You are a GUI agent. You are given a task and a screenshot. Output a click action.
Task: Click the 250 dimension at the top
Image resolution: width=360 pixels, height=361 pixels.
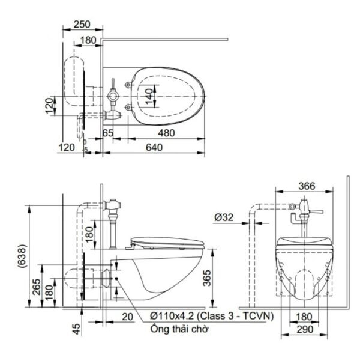pos(82,25)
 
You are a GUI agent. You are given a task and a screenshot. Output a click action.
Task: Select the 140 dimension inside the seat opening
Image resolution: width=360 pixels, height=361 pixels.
pos(149,96)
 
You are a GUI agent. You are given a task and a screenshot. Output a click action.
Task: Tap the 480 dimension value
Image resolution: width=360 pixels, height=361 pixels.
pos(166,133)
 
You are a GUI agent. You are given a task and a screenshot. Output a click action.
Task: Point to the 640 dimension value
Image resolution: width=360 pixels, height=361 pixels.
pos(154,148)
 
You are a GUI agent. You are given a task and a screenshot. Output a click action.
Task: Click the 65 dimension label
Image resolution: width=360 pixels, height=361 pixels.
pos(108,133)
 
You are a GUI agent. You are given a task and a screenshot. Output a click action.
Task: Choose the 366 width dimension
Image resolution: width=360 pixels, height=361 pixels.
pos(307,186)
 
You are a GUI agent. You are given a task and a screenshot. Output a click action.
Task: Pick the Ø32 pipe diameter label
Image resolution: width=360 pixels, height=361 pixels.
pos(224,217)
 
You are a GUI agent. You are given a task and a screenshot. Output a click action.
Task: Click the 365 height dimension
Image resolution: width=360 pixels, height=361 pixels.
pos(207,278)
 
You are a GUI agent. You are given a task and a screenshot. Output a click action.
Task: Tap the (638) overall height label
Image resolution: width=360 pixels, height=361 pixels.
pos(22,256)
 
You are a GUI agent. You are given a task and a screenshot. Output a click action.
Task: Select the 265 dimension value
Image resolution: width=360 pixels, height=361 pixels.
pos(37,287)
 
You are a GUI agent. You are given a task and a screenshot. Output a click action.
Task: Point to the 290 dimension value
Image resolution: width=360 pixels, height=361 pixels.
pos(305,329)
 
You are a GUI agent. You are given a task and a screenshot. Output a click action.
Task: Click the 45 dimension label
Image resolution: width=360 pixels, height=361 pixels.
pos(77,329)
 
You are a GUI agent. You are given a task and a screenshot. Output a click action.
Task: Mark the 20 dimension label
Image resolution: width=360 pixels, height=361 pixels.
pos(127,317)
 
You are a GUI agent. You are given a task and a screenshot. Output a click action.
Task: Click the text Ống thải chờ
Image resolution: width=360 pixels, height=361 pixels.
pos(179,329)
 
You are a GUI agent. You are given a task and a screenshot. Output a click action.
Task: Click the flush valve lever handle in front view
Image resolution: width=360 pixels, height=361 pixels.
pos(317,211)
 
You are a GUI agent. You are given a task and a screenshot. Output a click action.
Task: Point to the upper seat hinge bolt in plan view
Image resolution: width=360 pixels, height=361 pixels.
pos(127,85)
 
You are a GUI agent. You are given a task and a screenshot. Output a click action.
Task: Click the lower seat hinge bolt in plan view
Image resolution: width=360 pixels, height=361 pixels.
pos(127,107)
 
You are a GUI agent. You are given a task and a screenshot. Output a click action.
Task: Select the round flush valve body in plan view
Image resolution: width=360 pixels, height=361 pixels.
pos(113,96)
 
